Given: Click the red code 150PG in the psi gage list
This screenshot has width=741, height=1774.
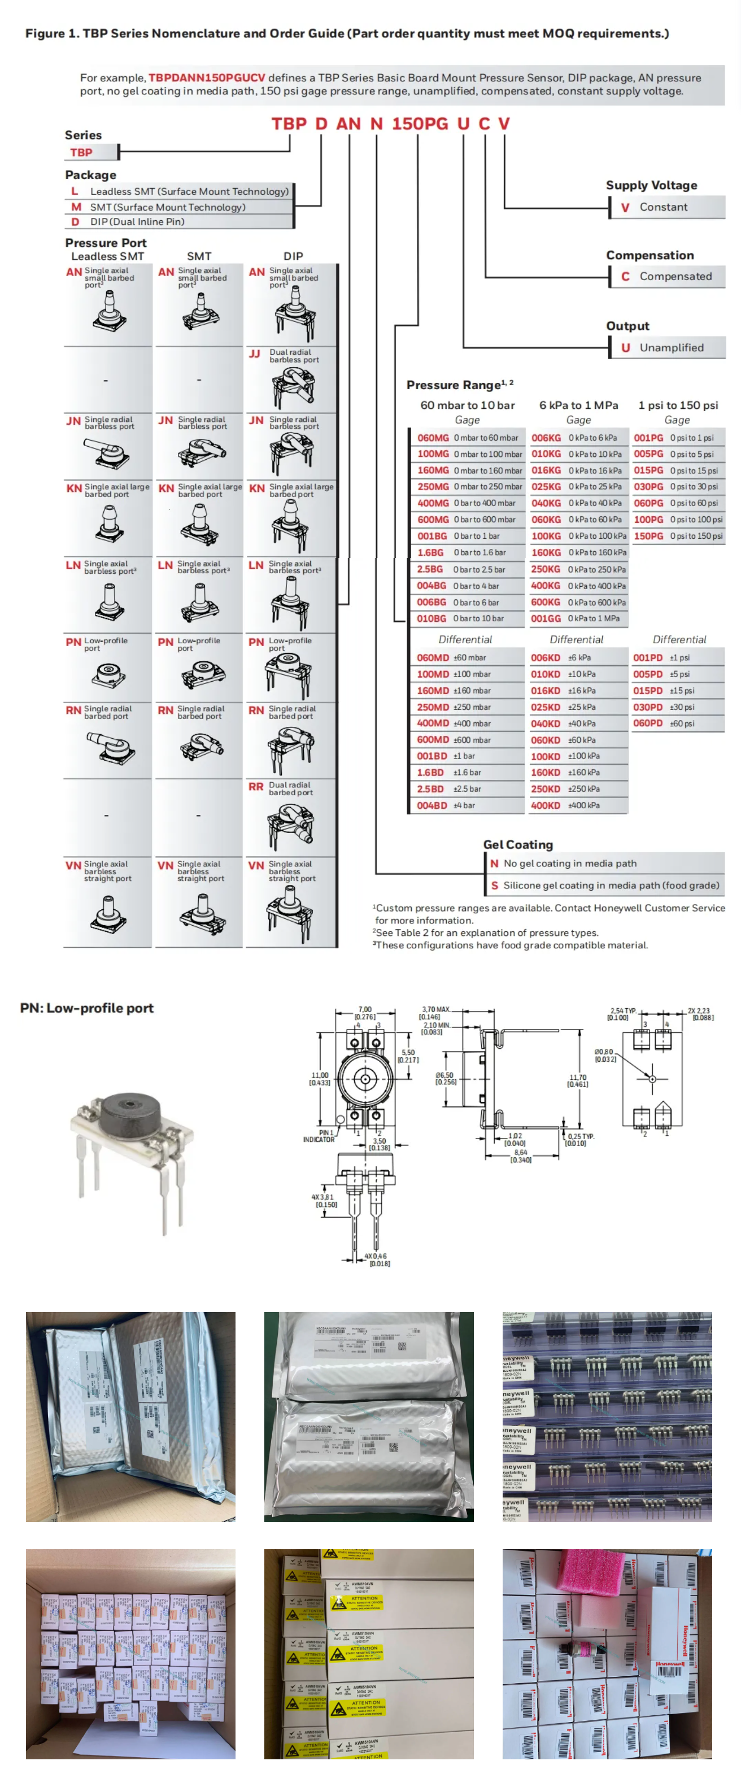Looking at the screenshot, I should point(648,536).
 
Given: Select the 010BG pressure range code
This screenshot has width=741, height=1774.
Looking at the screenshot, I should point(431,618).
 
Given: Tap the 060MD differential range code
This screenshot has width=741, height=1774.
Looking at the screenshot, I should point(433,657).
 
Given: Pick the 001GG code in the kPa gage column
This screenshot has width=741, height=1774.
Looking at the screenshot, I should point(546,618).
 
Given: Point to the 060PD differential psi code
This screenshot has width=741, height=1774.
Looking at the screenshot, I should point(647,723).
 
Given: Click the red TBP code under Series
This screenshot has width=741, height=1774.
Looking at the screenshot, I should point(81,152).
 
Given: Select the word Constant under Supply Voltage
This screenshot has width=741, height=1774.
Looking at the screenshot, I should point(662,207).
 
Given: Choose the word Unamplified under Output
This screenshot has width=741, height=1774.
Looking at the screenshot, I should point(671,348).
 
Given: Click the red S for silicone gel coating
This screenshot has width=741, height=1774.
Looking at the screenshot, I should point(494,885).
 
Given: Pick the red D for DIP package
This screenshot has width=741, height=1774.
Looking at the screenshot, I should point(75,222).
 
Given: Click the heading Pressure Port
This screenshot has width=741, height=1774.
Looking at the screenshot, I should point(106,242).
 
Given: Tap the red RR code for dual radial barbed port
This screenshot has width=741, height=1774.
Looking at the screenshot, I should point(255,786).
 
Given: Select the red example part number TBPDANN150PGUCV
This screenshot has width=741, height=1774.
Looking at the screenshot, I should point(206,78).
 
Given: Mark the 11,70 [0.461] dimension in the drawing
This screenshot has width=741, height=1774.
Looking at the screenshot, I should point(577,1080).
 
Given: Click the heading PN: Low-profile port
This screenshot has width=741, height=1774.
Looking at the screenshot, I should point(87,1008).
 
